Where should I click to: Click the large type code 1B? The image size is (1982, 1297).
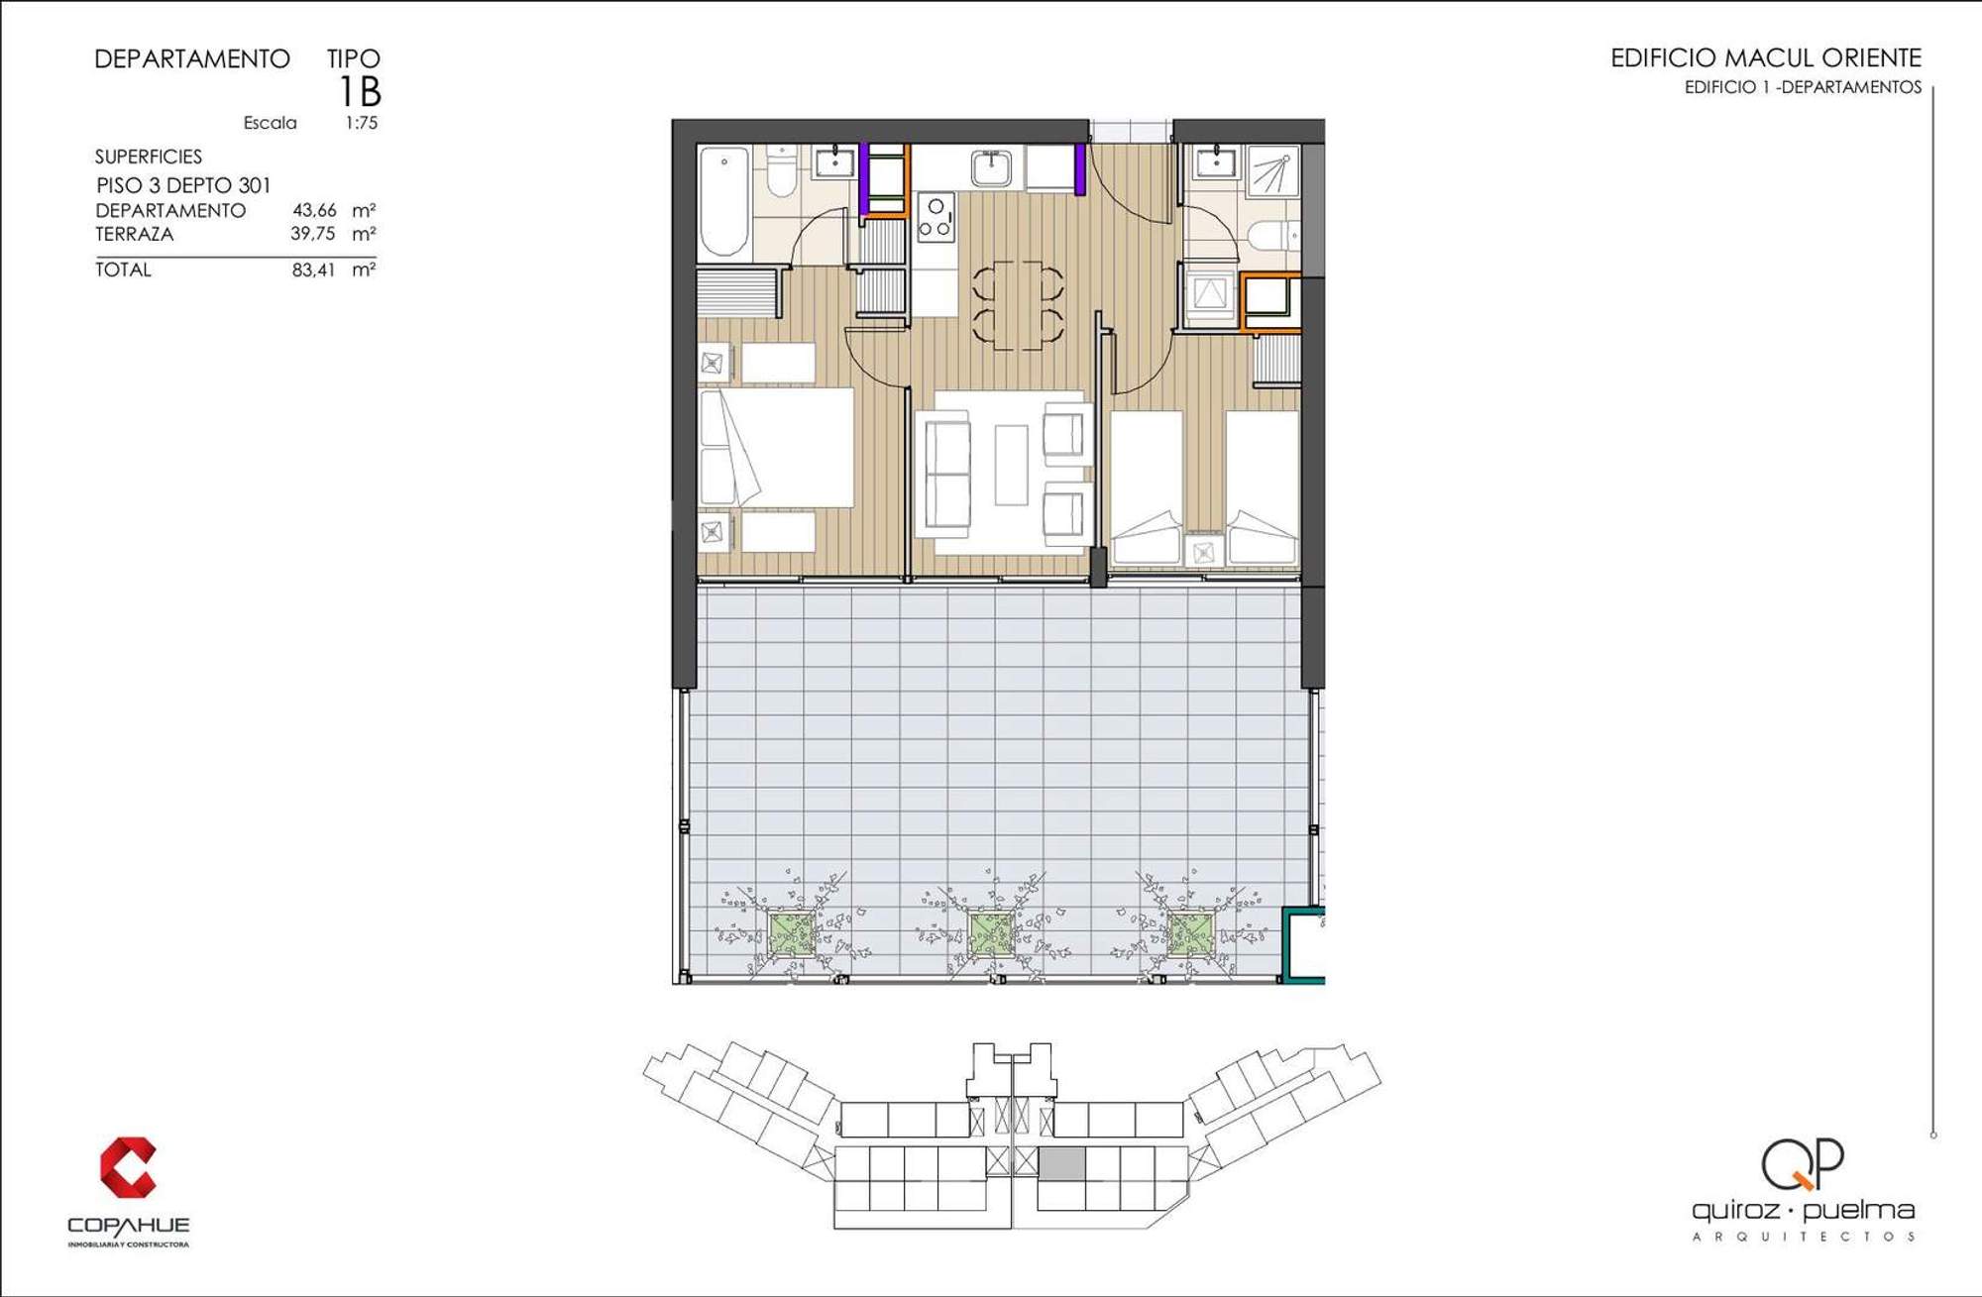coord(360,92)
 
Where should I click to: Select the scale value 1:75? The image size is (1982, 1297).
coord(362,123)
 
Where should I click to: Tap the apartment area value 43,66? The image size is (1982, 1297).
coord(314,210)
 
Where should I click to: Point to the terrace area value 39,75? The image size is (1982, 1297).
coord(313,234)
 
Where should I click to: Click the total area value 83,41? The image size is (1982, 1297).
coord(313,270)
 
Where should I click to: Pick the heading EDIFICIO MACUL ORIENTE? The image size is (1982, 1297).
coord(1766,57)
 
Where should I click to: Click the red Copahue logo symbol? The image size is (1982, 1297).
coord(128,1167)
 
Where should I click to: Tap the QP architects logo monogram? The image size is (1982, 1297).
coord(1803,1164)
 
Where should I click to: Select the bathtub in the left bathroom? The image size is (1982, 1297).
coord(724,201)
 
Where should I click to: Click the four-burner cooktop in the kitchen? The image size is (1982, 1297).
coord(936,217)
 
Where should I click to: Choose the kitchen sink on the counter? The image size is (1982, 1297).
coord(991,168)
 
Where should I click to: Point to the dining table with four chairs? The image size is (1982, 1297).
coord(1018,305)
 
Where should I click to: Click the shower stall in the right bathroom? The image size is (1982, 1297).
coord(1272,170)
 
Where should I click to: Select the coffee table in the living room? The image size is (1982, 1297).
coord(1012,465)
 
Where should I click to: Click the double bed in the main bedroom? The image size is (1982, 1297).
coord(777,448)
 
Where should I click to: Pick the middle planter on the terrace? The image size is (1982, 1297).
coord(990,933)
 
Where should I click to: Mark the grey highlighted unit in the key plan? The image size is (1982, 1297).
coord(1061,1163)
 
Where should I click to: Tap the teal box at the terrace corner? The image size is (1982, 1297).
coord(1303,944)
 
